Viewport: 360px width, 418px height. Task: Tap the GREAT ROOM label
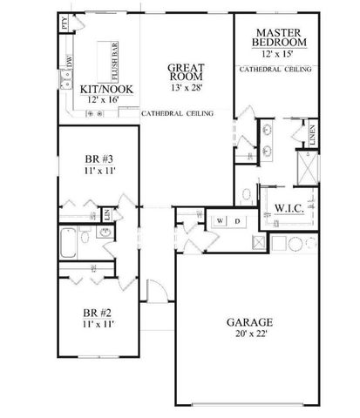(187, 69)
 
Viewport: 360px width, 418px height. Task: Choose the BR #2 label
(95, 312)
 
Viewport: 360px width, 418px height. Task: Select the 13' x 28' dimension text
(187, 88)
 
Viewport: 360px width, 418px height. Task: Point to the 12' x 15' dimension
(279, 54)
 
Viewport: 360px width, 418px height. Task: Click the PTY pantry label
(65, 24)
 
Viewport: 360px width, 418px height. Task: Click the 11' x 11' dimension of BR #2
(95, 323)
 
